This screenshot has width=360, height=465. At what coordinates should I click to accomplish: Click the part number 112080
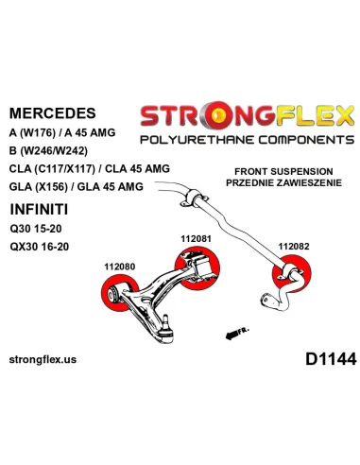pos(120,267)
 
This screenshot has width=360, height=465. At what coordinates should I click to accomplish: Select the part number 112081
pos(196,239)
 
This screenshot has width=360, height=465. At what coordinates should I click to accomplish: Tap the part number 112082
pos(294,246)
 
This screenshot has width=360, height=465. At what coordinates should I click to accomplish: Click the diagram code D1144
pos(331,359)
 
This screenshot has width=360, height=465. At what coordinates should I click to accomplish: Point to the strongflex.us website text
pos(43,359)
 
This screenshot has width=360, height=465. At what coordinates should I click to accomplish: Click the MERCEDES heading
pos(53,113)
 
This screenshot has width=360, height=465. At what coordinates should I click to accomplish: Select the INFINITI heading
pos(39,210)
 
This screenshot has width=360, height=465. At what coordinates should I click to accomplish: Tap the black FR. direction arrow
pos(232,335)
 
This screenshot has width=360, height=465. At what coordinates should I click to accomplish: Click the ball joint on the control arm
pos(166,330)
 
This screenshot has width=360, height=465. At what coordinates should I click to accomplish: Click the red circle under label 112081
pos(197,268)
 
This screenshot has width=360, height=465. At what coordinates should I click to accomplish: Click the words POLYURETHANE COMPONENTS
pos(248,140)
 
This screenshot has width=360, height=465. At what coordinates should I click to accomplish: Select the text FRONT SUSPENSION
pos(283,171)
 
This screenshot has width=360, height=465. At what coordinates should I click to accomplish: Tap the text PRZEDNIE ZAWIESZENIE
pos(283,182)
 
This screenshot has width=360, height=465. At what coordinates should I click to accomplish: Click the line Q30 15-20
pos(36,229)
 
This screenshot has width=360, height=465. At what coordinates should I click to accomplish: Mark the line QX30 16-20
pos(40,246)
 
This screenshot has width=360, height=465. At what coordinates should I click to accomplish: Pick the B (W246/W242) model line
pos(48,151)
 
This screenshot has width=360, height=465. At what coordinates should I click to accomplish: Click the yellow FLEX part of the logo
pos(315,116)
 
